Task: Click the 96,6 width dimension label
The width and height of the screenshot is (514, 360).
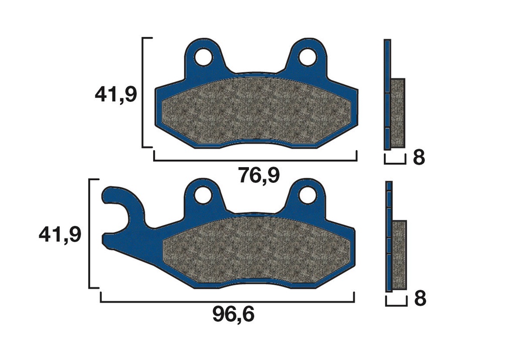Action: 233,315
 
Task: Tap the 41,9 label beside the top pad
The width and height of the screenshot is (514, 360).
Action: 115,94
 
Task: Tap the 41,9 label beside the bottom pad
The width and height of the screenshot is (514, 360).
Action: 60,234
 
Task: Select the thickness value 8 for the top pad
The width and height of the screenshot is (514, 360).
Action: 419,158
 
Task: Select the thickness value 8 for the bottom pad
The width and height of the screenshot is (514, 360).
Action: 420,299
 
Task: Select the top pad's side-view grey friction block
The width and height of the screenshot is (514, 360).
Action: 398,113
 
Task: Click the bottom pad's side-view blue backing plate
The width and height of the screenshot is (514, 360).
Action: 389,236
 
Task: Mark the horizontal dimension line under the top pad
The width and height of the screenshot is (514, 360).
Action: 255,161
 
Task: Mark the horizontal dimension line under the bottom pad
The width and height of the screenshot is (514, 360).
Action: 227,302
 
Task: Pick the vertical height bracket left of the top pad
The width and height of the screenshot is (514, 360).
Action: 144,92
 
